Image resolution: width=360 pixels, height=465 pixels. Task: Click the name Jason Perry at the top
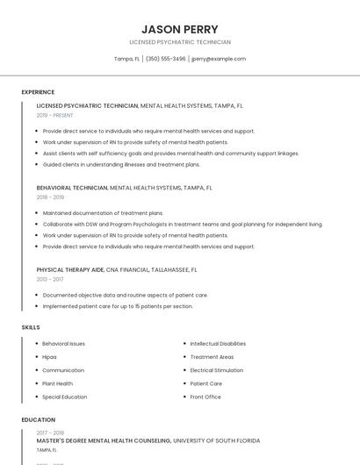(180, 29)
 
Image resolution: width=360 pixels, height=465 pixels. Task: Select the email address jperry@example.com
(219, 59)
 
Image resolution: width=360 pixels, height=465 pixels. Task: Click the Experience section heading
(38, 92)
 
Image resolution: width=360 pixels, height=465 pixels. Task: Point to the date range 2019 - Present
(55, 115)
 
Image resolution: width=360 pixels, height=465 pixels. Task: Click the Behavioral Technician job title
(72, 188)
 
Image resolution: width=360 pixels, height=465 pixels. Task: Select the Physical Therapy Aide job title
(70, 270)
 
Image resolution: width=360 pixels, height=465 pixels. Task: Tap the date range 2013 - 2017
(50, 279)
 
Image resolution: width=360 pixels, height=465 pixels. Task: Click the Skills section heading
(31, 327)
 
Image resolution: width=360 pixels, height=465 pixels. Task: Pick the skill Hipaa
(49, 357)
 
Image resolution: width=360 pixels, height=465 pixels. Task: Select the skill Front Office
(205, 397)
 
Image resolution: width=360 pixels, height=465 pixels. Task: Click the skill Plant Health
(58, 383)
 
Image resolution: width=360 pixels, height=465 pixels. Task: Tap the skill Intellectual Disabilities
(218, 344)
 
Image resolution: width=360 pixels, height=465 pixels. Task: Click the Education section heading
(39, 419)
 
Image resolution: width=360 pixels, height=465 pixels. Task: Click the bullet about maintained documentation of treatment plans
(103, 213)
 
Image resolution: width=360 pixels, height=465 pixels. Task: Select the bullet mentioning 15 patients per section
(118, 306)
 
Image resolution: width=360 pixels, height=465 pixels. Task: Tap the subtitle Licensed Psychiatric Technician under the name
(180, 42)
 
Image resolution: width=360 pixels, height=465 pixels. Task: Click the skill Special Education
(65, 397)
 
